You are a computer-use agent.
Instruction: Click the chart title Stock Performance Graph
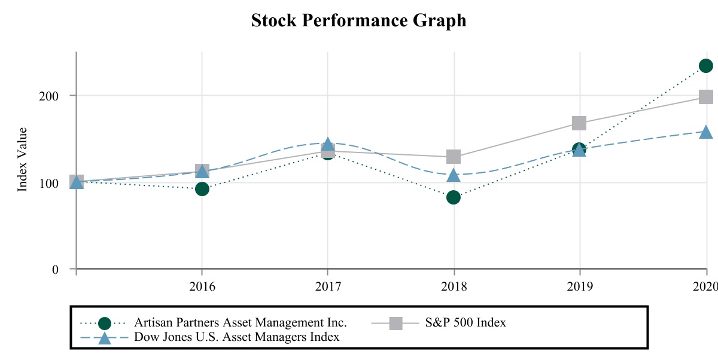coord(358,20)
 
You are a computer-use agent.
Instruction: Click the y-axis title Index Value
coord(23,159)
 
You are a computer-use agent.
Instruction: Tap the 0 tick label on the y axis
coord(55,269)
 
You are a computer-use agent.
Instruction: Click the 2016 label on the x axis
coord(202,286)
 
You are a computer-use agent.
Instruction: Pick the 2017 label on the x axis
coord(328,286)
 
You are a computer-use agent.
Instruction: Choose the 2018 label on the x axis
coord(454,286)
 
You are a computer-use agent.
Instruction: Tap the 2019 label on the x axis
coord(579,286)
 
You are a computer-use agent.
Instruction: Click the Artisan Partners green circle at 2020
coord(706,66)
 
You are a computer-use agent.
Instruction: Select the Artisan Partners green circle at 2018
coord(454,197)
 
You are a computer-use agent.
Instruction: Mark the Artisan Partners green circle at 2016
coord(202,188)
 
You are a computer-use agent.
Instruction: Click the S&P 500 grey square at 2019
coord(579,123)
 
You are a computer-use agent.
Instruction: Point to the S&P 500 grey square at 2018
coord(454,157)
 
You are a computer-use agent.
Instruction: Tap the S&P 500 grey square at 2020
coord(706,97)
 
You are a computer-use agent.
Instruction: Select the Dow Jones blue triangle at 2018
coord(454,175)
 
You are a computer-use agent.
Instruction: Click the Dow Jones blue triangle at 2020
coord(706,132)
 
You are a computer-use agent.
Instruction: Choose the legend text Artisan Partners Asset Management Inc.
coord(241,323)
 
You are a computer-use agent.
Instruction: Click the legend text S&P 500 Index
coord(466,323)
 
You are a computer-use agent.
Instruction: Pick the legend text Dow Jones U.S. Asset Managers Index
coord(237,337)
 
